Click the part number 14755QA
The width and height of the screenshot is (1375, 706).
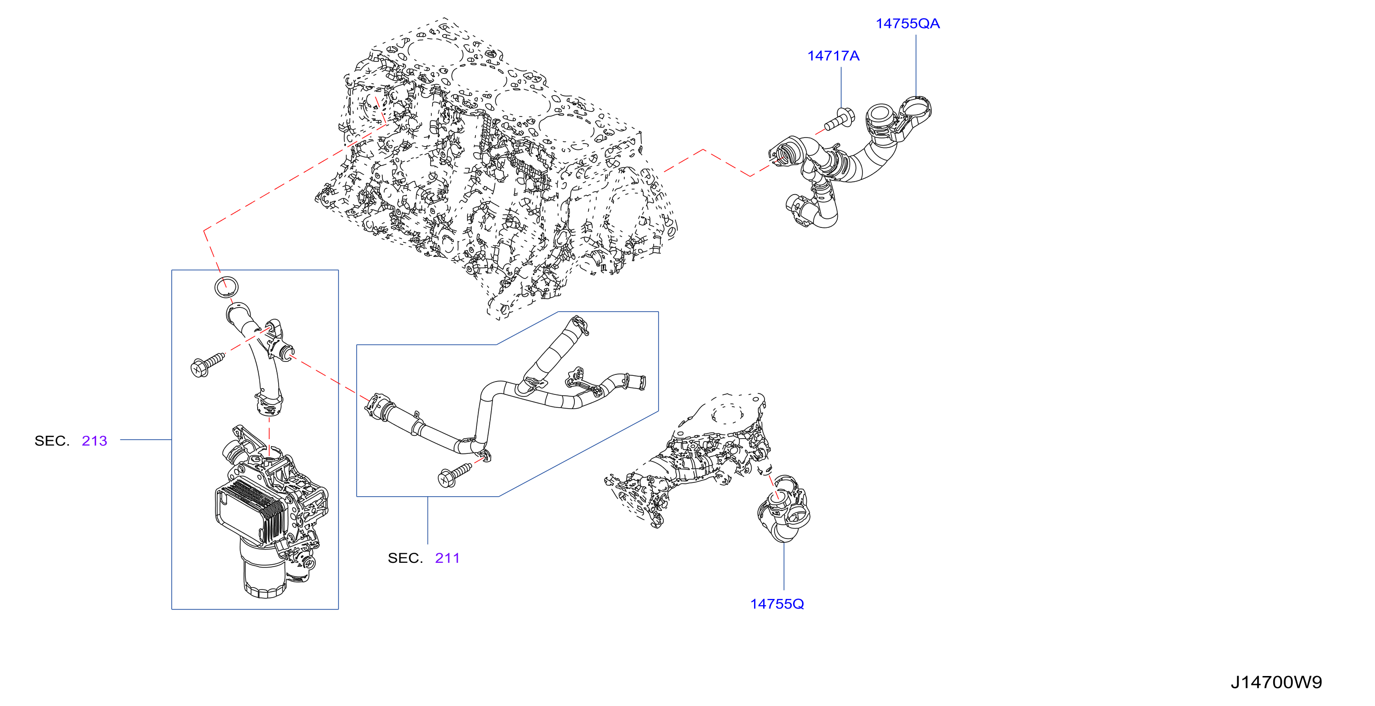(908, 23)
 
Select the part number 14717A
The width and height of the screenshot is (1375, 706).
(833, 56)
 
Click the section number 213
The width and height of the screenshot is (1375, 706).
(95, 441)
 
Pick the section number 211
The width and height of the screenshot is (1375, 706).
(447, 558)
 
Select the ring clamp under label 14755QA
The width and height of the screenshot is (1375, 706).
(914, 117)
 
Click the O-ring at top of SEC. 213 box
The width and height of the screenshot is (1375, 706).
(226, 287)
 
